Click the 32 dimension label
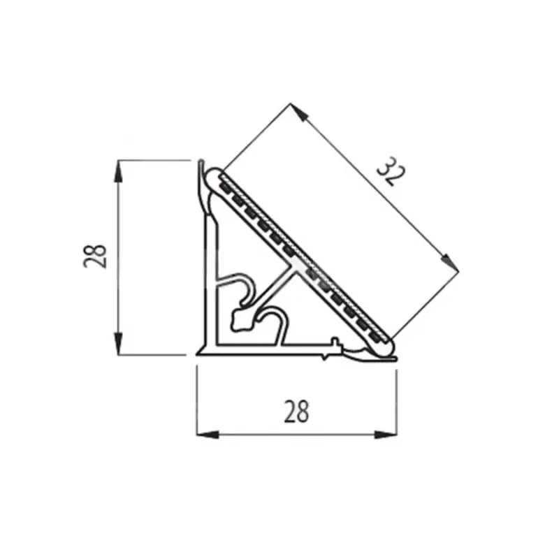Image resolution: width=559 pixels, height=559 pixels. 391,171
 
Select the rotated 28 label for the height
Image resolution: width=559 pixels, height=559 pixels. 95,256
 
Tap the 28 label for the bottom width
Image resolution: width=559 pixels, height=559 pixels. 296,412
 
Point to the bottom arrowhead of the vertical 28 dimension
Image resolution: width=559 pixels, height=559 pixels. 118,343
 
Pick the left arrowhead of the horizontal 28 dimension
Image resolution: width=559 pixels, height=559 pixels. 208,434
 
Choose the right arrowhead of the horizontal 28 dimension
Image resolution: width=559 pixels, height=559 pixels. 386,434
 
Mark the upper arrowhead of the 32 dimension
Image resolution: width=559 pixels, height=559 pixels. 299,112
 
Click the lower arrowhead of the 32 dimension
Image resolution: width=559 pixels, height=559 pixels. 450,263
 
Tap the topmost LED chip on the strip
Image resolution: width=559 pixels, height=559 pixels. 225,187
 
